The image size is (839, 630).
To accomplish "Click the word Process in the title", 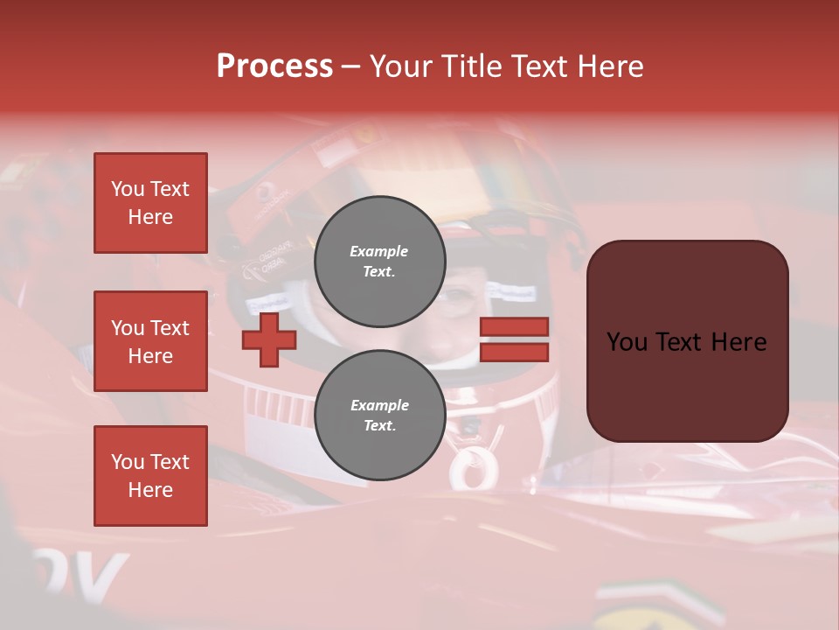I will pos(274,66).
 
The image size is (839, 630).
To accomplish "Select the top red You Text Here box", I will pos(150,203).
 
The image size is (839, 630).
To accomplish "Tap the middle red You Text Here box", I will pos(150,341).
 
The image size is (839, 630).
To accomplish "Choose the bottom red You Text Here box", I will pos(150,476).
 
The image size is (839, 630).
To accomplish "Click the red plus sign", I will pos(269,339).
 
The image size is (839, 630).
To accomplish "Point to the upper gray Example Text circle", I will pos(379,262).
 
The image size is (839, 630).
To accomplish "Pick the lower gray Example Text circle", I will pos(379,416).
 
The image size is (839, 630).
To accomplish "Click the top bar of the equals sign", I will pos(514,327).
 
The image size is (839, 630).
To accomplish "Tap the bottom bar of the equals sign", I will pos(514,353).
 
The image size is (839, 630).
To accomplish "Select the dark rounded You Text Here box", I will pos(687,341).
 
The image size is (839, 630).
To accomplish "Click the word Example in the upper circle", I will pos(379,252).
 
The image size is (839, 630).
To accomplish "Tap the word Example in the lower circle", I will pos(379,406).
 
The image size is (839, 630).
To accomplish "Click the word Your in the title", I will pos(399,66).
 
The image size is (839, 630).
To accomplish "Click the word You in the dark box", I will pos(628,342).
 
